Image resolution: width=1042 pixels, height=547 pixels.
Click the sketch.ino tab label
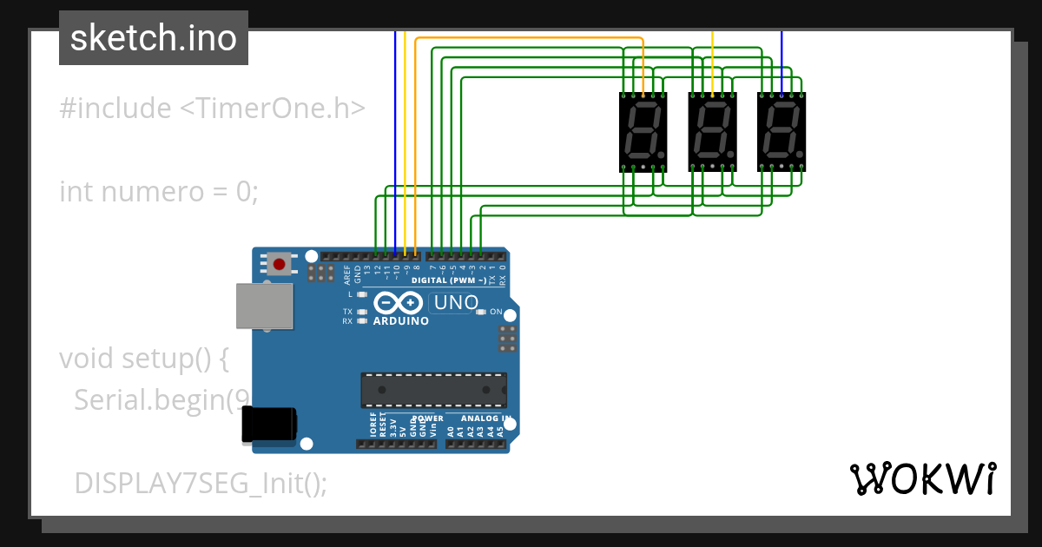pyautogui.click(x=154, y=38)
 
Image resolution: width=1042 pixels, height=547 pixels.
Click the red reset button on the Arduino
pyautogui.click(x=279, y=264)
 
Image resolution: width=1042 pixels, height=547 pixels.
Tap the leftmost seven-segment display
pyautogui.click(x=643, y=131)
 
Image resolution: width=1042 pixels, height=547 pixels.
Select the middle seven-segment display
pyautogui.click(x=712, y=131)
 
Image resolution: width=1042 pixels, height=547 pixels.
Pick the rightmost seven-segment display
pyautogui.click(x=781, y=131)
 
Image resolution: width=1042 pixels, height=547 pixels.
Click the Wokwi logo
pyautogui.click(x=922, y=478)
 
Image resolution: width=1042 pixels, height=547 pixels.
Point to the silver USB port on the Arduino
pyautogui.click(x=264, y=305)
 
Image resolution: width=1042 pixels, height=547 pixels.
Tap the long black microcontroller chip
pyautogui.click(x=433, y=390)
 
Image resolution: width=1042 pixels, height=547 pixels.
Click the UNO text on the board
pyautogui.click(x=456, y=303)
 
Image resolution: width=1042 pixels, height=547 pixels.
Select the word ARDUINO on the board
pyautogui.click(x=401, y=321)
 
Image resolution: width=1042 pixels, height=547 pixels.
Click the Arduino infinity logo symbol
pyautogui.click(x=399, y=303)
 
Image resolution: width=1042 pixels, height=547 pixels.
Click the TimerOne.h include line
pyautogui.click(x=212, y=109)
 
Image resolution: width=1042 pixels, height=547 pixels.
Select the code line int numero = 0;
pyautogui.click(x=159, y=191)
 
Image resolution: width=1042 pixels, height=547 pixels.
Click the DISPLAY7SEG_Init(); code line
pyautogui.click(x=201, y=483)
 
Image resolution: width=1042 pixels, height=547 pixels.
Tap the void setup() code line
pyautogui.click(x=144, y=358)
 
